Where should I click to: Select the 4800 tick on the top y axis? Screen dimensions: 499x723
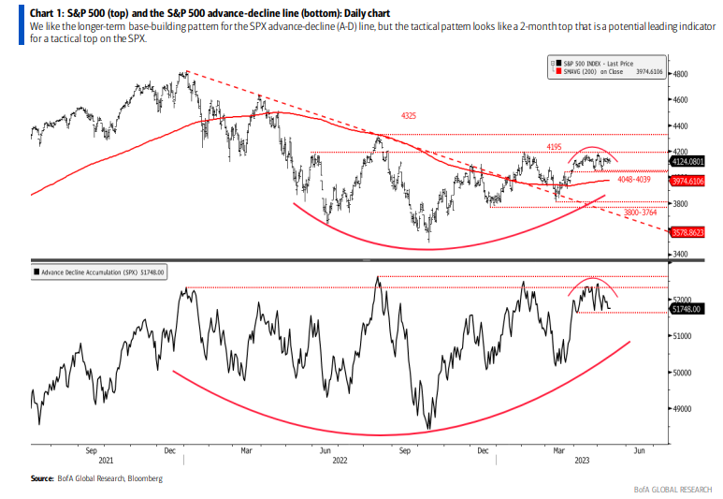pos(680,73)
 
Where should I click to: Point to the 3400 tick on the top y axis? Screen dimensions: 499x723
pos(680,254)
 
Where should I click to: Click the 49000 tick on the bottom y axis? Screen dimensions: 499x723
pos(683,408)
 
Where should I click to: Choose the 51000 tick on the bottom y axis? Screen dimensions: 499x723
pos(683,335)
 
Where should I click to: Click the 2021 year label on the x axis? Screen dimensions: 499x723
pos(107,461)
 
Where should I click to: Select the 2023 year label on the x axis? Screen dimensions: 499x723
pos(581,461)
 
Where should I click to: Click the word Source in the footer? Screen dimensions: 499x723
pos(41,479)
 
